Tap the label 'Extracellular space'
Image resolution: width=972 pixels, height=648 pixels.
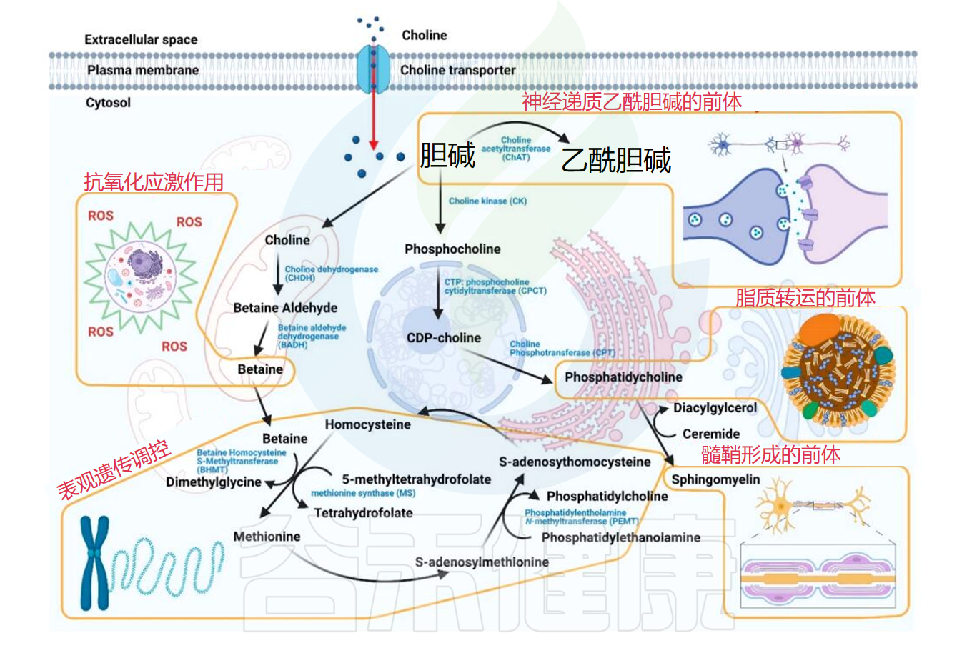(141, 39)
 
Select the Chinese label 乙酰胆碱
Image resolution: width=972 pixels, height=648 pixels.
(616, 159)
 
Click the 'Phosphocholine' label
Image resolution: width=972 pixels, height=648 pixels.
(452, 249)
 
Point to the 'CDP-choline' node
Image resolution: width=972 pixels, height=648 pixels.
(443, 337)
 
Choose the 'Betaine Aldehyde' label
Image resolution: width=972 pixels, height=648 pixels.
(285, 308)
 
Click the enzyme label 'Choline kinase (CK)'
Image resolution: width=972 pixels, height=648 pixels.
(487, 201)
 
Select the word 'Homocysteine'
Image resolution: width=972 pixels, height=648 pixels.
(367, 424)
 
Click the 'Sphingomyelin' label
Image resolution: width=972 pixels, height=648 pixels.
(715, 479)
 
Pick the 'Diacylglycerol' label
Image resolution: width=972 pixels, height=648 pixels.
(715, 408)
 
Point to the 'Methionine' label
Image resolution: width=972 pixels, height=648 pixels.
(267, 537)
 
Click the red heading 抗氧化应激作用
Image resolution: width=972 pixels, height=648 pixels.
(154, 182)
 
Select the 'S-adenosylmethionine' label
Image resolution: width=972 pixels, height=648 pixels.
(482, 562)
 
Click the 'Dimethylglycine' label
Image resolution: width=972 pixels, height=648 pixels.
(214, 482)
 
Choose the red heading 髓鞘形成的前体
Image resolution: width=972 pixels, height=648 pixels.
(770, 454)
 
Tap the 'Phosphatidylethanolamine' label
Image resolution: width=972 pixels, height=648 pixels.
(620, 537)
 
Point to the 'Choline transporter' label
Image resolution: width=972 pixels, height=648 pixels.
(457, 70)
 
